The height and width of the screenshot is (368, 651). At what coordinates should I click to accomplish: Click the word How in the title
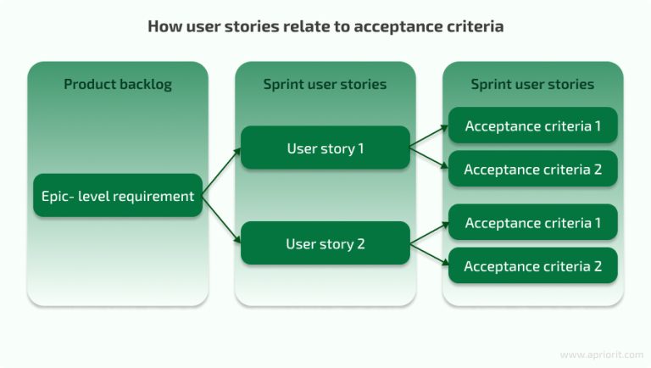coord(164,26)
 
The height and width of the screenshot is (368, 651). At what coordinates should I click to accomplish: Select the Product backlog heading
coord(117,84)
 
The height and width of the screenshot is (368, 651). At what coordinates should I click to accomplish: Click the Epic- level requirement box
coord(118,196)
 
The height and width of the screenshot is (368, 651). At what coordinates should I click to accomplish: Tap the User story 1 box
coord(325,148)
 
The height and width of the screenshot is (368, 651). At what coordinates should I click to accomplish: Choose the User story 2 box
coord(325,244)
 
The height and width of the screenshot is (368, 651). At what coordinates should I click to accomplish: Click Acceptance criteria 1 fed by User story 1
coord(532,126)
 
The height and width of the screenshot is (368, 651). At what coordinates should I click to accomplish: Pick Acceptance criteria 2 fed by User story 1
coord(532,170)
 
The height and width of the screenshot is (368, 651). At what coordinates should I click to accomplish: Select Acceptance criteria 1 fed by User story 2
coord(532,223)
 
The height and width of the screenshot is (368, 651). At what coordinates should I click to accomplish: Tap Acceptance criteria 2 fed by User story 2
coord(532,266)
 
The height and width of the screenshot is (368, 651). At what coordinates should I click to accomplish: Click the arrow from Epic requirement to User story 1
coord(222,173)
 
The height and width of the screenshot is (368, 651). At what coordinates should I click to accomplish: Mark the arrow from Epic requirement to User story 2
coord(222,220)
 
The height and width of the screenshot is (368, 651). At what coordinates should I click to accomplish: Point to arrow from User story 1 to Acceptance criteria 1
coord(429,137)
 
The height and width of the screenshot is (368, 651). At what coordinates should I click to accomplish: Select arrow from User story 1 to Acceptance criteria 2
coord(429,159)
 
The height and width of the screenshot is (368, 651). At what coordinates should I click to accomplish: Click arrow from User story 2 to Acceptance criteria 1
coord(429,233)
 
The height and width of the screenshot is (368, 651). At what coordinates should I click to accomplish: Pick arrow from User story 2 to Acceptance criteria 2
coord(429,255)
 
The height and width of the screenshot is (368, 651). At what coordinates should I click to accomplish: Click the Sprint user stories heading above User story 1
coord(325,84)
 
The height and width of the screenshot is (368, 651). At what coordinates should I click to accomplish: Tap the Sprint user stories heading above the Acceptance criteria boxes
coord(532,84)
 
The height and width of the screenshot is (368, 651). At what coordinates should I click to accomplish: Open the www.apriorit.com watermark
coord(598,354)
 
